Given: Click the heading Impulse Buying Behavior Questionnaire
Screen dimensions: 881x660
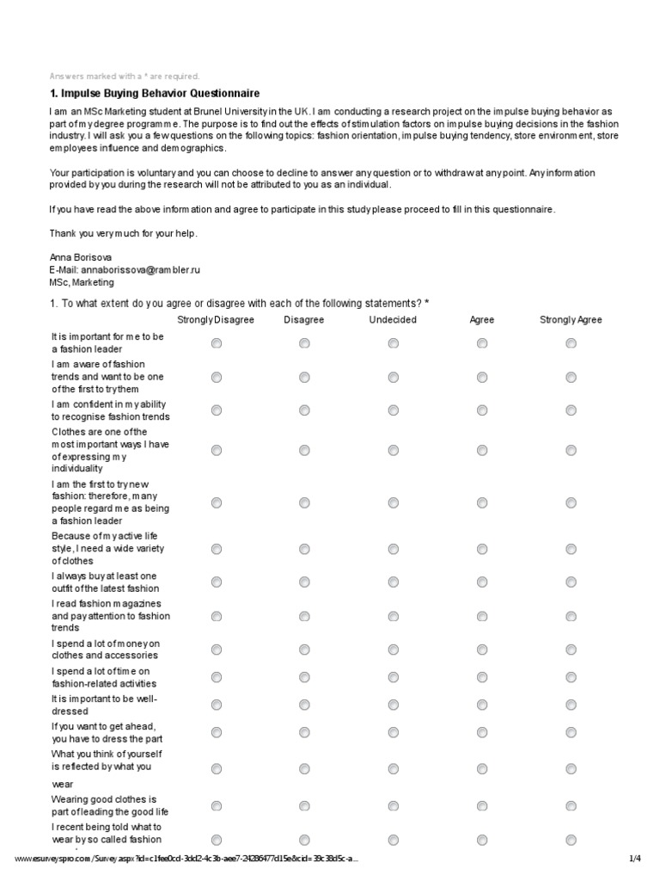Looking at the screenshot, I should click(155, 93).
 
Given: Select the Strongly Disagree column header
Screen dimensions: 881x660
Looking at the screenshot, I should click(216, 320).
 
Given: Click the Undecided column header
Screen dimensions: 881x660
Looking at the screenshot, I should click(393, 320).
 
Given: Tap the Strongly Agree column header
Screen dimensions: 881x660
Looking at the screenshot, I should click(571, 320).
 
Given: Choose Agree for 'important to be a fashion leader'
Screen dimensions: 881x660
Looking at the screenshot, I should click(482, 343).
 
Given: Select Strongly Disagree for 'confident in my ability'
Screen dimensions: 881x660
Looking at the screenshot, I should click(216, 410).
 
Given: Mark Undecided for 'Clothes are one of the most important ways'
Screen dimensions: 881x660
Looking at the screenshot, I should click(393, 450).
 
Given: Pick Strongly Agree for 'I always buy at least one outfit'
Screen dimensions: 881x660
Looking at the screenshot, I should click(571, 582).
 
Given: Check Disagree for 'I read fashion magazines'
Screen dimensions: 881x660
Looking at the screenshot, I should click(304, 616).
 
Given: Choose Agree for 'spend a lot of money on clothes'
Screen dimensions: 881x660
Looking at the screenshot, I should click(482, 650).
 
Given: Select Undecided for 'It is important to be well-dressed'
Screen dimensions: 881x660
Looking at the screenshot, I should click(393, 705).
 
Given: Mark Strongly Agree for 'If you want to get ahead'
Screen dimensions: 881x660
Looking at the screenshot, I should click(571, 733).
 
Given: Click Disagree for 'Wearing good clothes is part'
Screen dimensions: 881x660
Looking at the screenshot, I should click(304, 805).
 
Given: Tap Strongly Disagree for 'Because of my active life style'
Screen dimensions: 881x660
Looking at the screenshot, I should click(216, 549).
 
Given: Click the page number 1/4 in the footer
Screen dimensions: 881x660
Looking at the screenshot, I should click(635, 859).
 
